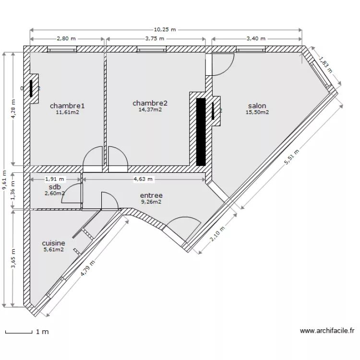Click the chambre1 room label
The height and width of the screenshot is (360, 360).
67,106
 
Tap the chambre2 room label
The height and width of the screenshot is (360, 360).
150,103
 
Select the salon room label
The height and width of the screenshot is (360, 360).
257,106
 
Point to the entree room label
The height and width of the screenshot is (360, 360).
151,195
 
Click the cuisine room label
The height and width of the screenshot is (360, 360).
53,243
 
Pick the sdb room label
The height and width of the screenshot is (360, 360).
55,187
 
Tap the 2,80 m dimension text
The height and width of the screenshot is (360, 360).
66,39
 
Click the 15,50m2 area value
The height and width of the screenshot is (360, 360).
257,112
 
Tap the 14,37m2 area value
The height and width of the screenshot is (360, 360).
150,109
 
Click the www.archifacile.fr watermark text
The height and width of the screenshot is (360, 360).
327,331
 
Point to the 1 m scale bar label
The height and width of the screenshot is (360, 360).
42,331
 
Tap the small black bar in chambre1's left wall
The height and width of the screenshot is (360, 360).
32,89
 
